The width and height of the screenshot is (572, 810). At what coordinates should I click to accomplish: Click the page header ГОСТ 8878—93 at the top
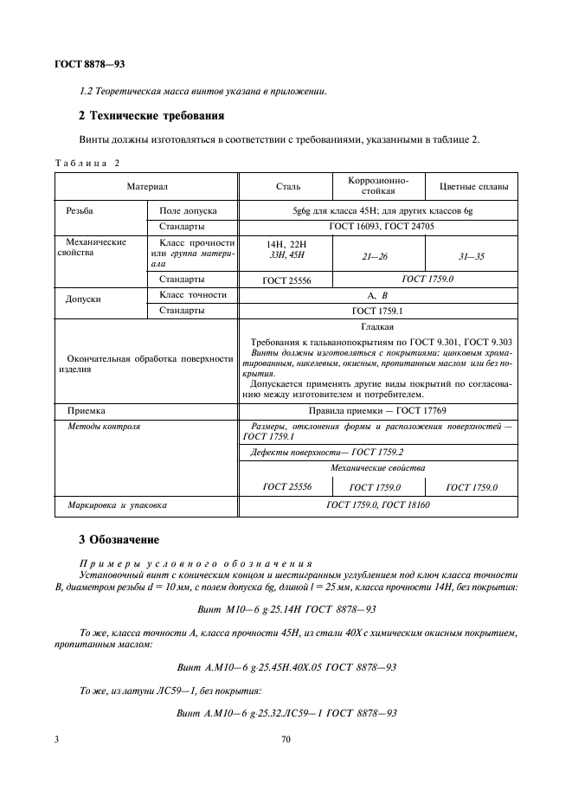[91, 63]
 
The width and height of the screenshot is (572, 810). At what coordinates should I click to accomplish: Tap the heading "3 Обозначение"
[119, 540]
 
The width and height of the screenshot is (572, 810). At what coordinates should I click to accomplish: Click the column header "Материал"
[146, 186]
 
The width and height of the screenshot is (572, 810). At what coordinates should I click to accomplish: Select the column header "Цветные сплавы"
[473, 186]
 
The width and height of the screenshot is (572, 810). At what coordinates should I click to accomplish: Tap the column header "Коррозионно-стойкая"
[379, 186]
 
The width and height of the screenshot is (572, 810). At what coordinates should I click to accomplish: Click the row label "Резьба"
[80, 210]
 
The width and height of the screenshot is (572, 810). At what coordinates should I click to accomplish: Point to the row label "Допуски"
[84, 299]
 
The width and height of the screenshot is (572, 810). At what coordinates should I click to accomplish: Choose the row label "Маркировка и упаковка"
[117, 503]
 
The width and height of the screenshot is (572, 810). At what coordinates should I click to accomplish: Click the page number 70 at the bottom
[286, 740]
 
